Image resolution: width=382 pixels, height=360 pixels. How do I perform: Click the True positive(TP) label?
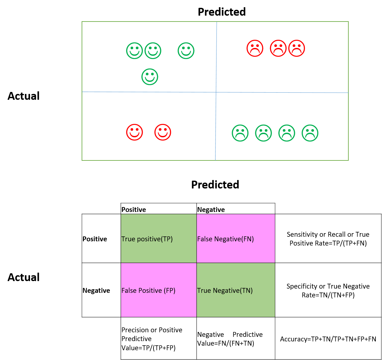click(x=147, y=239)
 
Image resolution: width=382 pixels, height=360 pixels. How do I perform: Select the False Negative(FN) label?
click(x=225, y=239)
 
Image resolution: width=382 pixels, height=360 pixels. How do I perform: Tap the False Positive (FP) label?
click(x=148, y=291)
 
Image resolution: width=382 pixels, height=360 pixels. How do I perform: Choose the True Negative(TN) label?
click(x=225, y=291)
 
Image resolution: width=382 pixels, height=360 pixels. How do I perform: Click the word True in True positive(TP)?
click(x=128, y=239)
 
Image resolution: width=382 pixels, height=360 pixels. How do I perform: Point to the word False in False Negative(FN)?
click(x=205, y=239)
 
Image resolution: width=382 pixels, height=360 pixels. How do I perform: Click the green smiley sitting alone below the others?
click(x=150, y=77)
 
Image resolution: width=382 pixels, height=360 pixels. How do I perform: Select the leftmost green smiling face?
click(x=135, y=51)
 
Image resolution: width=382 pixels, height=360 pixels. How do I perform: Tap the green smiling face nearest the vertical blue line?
click(x=186, y=51)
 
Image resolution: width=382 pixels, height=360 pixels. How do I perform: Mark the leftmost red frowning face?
click(x=255, y=48)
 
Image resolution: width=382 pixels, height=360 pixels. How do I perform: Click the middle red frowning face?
click(x=278, y=48)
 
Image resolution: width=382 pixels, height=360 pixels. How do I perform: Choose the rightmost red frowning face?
click(x=296, y=48)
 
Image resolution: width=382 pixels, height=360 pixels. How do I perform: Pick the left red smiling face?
click(x=135, y=132)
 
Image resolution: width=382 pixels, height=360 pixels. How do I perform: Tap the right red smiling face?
click(x=163, y=132)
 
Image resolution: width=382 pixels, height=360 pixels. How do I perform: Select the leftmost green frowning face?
click(x=240, y=133)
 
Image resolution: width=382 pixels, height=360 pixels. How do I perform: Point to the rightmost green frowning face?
click(x=310, y=133)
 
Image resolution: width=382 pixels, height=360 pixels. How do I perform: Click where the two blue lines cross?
click(x=216, y=92)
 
